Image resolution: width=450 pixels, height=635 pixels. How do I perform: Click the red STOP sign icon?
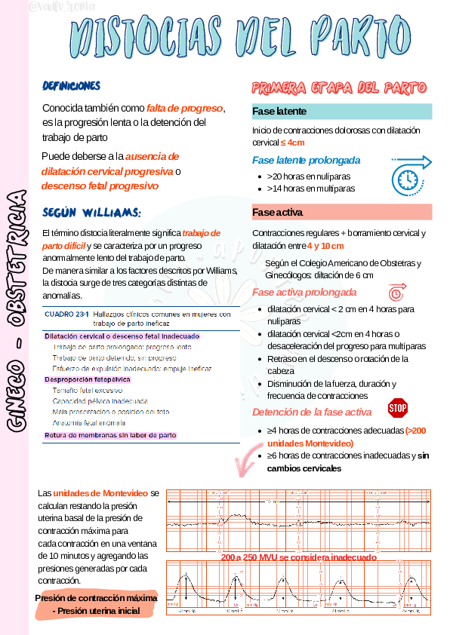pyautogui.click(x=398, y=408)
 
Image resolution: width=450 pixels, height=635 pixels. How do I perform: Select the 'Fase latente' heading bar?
pyautogui.click(x=341, y=112)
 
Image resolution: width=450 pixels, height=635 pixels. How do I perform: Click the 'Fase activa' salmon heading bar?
pyautogui.click(x=341, y=212)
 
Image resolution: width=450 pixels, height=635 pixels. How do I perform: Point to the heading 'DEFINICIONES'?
pyautogui.click(x=72, y=86)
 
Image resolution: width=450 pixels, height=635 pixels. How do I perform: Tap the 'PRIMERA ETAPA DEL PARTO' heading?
pyautogui.click(x=341, y=87)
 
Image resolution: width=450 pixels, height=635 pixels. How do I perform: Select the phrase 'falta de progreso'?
pyautogui.click(x=185, y=108)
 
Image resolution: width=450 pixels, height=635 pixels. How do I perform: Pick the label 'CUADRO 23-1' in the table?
pyautogui.click(x=66, y=314)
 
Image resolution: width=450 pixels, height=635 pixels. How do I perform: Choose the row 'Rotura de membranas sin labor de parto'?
pyautogui.click(x=110, y=435)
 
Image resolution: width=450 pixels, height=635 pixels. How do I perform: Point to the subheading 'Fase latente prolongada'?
pyautogui.click(x=306, y=160)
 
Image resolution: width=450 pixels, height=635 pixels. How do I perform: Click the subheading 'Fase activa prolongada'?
pyautogui.click(x=304, y=292)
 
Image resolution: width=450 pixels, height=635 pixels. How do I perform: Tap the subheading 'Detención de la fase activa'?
pyautogui.click(x=311, y=412)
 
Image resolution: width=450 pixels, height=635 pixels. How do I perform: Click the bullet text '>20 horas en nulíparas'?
pyautogui.click(x=308, y=176)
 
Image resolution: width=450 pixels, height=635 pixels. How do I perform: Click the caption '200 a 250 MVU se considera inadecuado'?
pyautogui.click(x=298, y=557)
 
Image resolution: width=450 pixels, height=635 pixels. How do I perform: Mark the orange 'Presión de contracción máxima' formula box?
pyautogui.click(x=97, y=603)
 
